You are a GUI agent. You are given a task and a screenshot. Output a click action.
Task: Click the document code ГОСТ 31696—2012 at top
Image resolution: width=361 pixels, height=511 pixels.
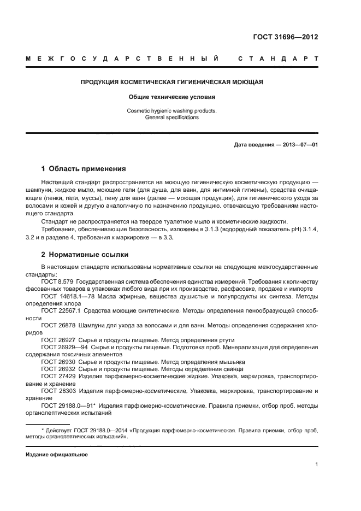(x=286, y=38)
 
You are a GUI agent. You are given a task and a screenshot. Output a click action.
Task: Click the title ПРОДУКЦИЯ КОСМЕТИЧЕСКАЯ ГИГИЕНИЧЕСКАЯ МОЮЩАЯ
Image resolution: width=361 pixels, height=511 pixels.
(x=172, y=82)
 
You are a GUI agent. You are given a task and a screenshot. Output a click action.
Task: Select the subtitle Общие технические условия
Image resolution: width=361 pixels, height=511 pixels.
(x=172, y=97)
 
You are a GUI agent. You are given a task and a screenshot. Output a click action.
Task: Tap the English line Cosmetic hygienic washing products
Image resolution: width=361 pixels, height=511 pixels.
(x=172, y=110)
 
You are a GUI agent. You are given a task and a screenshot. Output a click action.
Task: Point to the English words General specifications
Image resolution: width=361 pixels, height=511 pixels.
(x=172, y=117)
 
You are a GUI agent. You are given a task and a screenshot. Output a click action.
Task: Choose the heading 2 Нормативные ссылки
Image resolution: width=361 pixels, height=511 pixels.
(x=83, y=255)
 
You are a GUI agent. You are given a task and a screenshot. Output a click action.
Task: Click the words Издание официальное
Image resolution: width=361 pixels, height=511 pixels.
(x=57, y=454)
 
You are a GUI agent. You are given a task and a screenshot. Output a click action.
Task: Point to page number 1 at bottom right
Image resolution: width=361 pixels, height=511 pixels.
(x=316, y=465)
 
